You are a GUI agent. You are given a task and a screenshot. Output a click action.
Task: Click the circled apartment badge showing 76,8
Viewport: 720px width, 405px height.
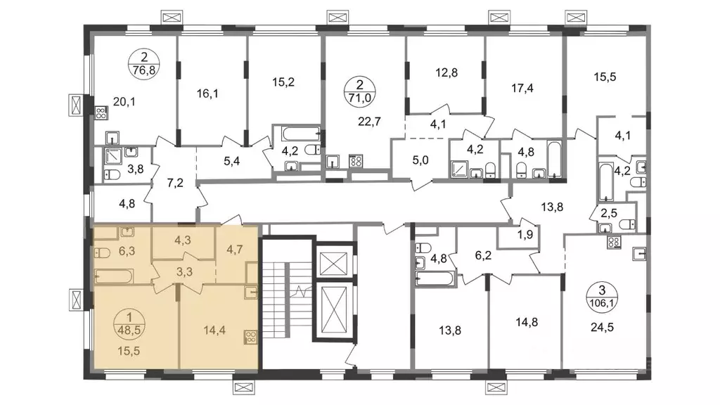tap(145, 64)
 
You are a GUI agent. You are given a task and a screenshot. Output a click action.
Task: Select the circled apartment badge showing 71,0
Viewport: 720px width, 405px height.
tap(359, 91)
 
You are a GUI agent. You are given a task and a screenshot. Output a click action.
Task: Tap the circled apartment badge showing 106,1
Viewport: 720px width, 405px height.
tap(602, 297)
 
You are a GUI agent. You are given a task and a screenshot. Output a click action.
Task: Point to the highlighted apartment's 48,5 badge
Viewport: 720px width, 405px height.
tap(129, 323)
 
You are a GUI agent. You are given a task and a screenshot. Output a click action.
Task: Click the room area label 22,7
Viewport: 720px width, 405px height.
tap(369, 122)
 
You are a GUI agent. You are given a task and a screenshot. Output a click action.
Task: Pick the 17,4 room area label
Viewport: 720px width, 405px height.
tap(522, 88)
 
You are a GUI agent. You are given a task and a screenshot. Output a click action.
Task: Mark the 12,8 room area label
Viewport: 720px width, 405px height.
tap(446, 72)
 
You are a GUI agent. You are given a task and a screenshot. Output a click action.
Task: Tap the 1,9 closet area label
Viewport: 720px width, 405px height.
tap(525, 235)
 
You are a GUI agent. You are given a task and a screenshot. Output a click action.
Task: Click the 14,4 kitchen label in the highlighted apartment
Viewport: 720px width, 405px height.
tap(214, 330)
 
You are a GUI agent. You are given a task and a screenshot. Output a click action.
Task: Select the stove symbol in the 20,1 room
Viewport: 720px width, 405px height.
tap(101, 113)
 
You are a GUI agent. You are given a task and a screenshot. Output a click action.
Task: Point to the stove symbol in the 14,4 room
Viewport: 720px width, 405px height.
tap(251, 338)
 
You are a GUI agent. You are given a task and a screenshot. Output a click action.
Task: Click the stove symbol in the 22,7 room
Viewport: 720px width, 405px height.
tap(356, 161)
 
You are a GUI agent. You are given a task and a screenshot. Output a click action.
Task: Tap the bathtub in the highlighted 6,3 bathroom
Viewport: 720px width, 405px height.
tap(114, 277)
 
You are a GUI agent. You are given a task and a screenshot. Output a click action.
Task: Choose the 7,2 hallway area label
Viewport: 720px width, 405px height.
tap(175, 184)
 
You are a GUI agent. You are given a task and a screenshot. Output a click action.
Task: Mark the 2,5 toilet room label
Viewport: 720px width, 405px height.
tap(608, 214)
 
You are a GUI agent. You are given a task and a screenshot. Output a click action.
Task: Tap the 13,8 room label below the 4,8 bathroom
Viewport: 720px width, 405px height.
tap(449, 330)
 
